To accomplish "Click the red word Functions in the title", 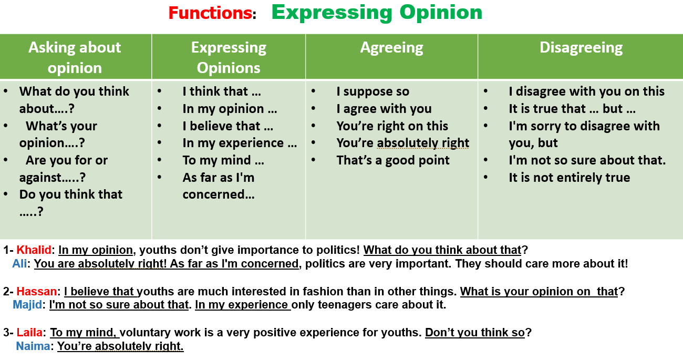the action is [x=210, y=13].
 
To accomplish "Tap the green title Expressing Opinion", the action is [x=377, y=13].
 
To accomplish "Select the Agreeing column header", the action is [x=392, y=48].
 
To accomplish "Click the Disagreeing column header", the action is [x=581, y=48].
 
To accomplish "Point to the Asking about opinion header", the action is [x=75, y=57].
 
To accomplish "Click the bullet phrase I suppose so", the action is [x=373, y=91].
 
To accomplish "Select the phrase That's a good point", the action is [x=393, y=160].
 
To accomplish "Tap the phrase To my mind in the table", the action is [x=223, y=160].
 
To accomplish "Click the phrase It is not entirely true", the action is [x=570, y=178].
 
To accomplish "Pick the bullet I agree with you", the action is [x=384, y=109].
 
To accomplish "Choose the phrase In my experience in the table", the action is [x=240, y=143].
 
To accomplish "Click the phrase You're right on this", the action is [x=392, y=126].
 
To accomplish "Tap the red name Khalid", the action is [x=34, y=250].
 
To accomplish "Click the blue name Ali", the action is [x=19, y=264].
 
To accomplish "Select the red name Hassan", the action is [x=37, y=291].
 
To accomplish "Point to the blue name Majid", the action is [x=27, y=304].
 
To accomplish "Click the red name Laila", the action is [x=29, y=332].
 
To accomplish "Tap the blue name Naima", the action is [x=33, y=346].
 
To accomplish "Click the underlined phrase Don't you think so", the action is [x=475, y=332].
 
